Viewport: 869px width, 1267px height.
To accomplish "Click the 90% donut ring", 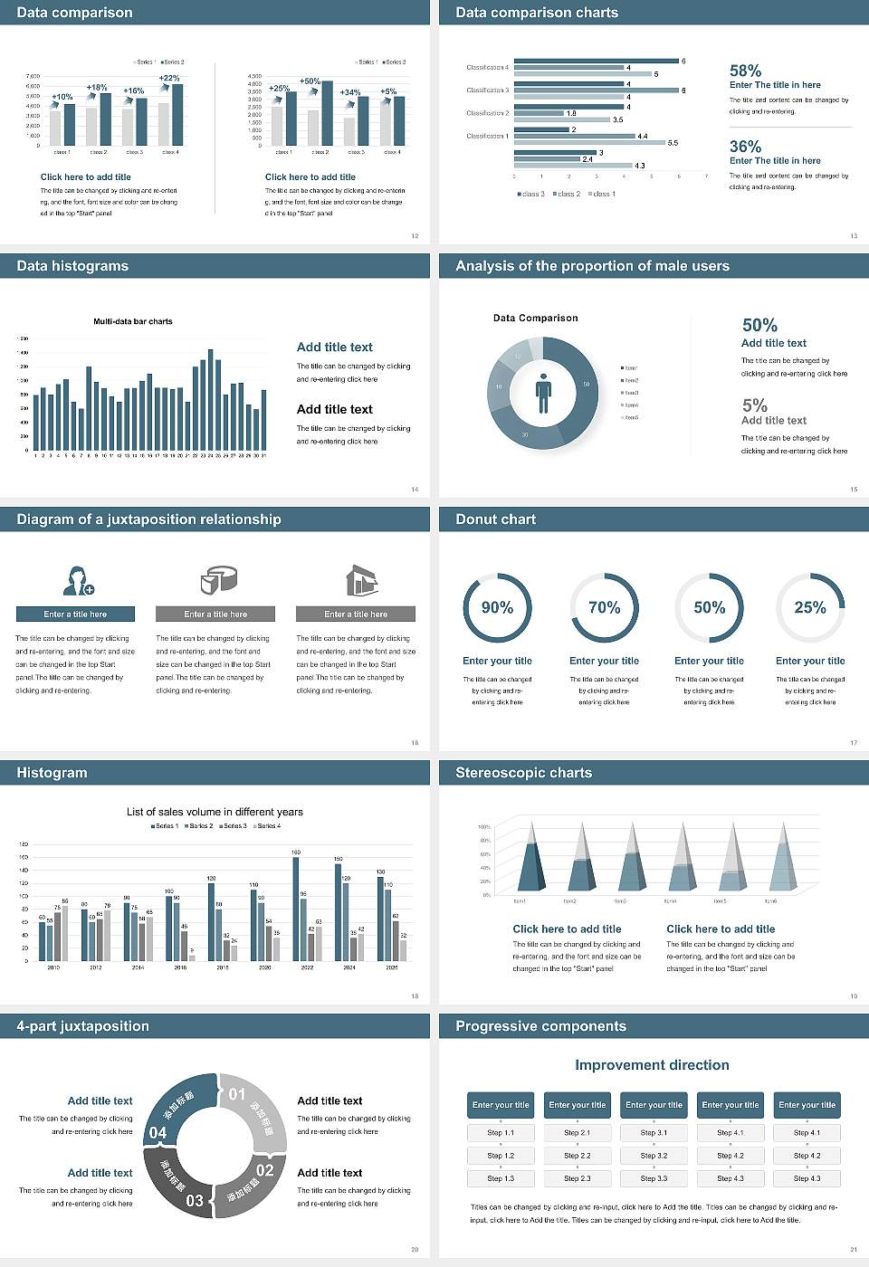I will [497, 607].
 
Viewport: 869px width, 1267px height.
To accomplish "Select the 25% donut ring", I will [810, 607].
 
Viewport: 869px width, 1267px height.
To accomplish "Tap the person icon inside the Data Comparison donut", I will [543, 393].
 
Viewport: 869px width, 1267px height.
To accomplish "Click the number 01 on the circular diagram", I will [237, 1094].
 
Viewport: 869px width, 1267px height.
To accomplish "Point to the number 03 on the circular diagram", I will [195, 1201].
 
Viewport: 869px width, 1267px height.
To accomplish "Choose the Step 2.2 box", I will [578, 1156].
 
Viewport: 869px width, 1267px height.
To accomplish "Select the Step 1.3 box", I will [501, 1178].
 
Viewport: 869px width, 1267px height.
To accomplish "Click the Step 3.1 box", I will [654, 1133].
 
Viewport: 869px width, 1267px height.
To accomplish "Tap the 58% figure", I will [745, 71].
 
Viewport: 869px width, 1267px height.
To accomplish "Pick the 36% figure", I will [745, 147].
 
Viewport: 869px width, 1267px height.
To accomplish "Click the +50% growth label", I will [310, 81].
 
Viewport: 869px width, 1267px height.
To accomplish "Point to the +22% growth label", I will [169, 79].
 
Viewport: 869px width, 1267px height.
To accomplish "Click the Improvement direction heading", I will [652, 1065].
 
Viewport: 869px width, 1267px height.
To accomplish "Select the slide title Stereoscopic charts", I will [523, 773].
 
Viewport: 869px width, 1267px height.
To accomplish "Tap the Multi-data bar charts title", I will [133, 321].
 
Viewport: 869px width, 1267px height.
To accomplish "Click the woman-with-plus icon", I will [79, 580].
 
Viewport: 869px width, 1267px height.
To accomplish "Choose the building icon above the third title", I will [361, 580].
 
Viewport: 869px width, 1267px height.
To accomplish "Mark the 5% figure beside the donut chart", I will [754, 405].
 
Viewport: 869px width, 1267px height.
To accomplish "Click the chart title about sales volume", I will [215, 812].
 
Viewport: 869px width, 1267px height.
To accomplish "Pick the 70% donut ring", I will [604, 607].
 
